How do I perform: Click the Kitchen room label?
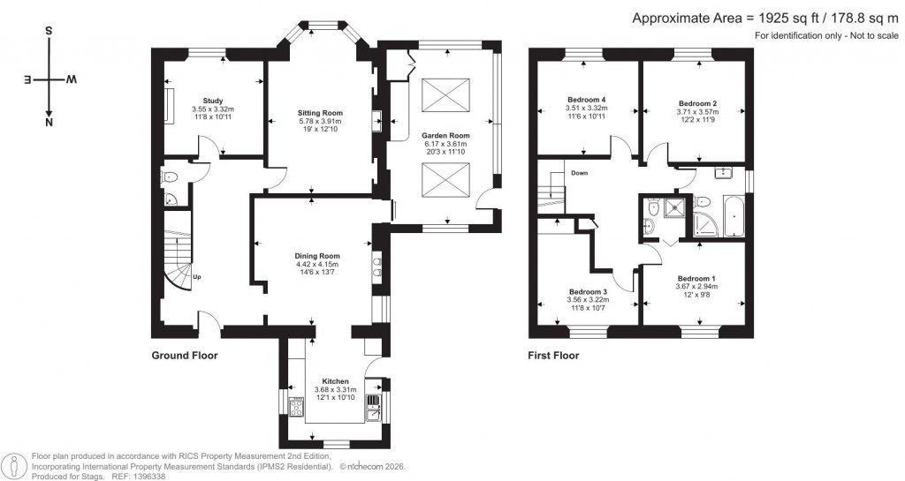point(335,381)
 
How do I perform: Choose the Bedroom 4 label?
point(586,100)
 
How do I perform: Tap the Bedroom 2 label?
point(697,103)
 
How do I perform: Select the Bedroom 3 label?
point(588,292)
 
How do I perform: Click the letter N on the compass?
point(48,123)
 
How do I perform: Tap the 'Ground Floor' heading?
point(184,356)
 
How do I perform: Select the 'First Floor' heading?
point(553,356)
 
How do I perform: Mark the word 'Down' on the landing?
point(580,173)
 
